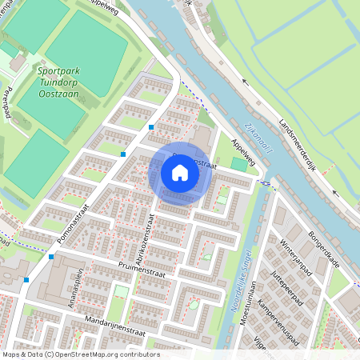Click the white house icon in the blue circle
point(180,173)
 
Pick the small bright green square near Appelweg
point(238,164)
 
